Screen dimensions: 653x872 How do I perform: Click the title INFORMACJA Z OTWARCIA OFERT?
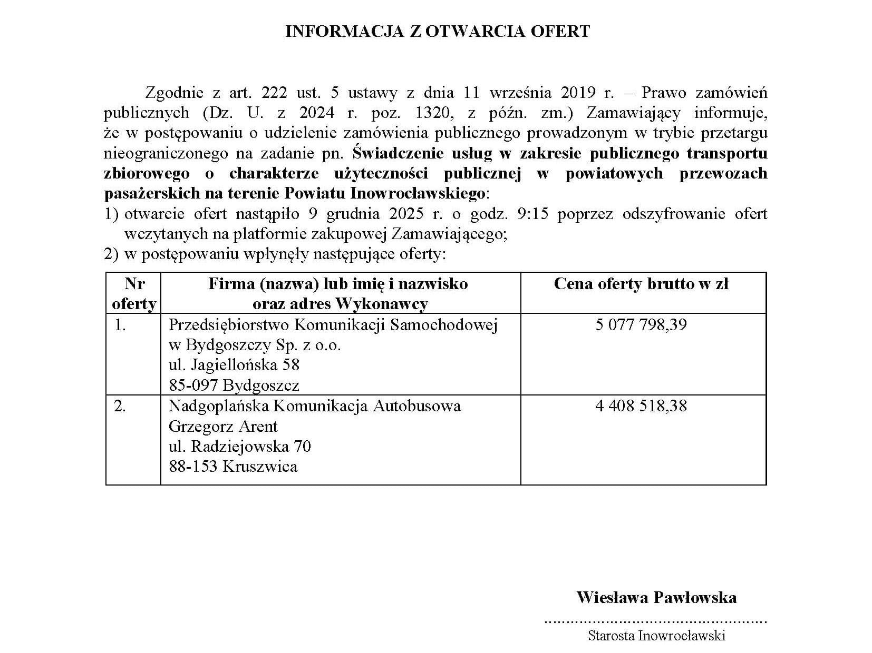tap(437, 32)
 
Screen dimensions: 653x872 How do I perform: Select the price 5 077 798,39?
tap(641, 324)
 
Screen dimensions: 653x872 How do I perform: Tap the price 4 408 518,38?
tap(641, 406)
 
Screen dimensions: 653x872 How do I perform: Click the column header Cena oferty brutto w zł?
tap(641, 284)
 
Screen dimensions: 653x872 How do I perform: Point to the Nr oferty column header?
tap(134, 294)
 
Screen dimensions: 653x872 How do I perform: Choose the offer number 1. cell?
tap(120, 325)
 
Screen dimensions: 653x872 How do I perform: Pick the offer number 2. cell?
tap(120, 407)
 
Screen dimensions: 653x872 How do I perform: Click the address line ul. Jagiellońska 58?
tap(234, 365)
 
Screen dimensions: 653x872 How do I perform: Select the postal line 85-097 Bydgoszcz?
tap(234, 385)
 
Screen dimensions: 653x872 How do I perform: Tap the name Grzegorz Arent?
tap(222, 426)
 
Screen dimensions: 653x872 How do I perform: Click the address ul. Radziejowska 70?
tap(239, 447)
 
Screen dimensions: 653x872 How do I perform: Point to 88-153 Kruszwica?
tap(232, 467)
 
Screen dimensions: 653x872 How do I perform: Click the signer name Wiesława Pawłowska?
tap(656, 598)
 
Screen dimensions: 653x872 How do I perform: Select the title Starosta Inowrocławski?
tap(656, 636)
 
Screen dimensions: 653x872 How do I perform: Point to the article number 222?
tap(274, 93)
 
